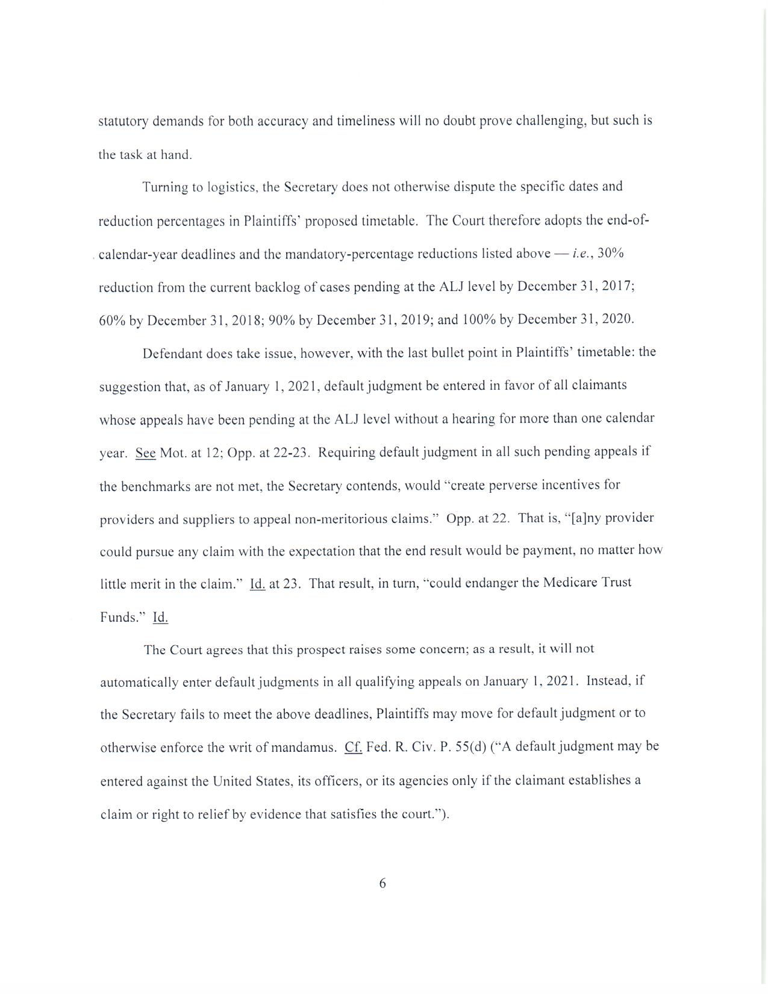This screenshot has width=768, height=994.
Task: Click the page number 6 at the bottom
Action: [x=382, y=884]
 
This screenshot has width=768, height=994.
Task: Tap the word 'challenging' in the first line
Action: [x=551, y=120]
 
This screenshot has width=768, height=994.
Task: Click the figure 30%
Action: [x=610, y=254]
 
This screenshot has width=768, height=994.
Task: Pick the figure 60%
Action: [x=112, y=320]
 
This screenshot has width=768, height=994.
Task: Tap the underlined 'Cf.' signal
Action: [x=353, y=748]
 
